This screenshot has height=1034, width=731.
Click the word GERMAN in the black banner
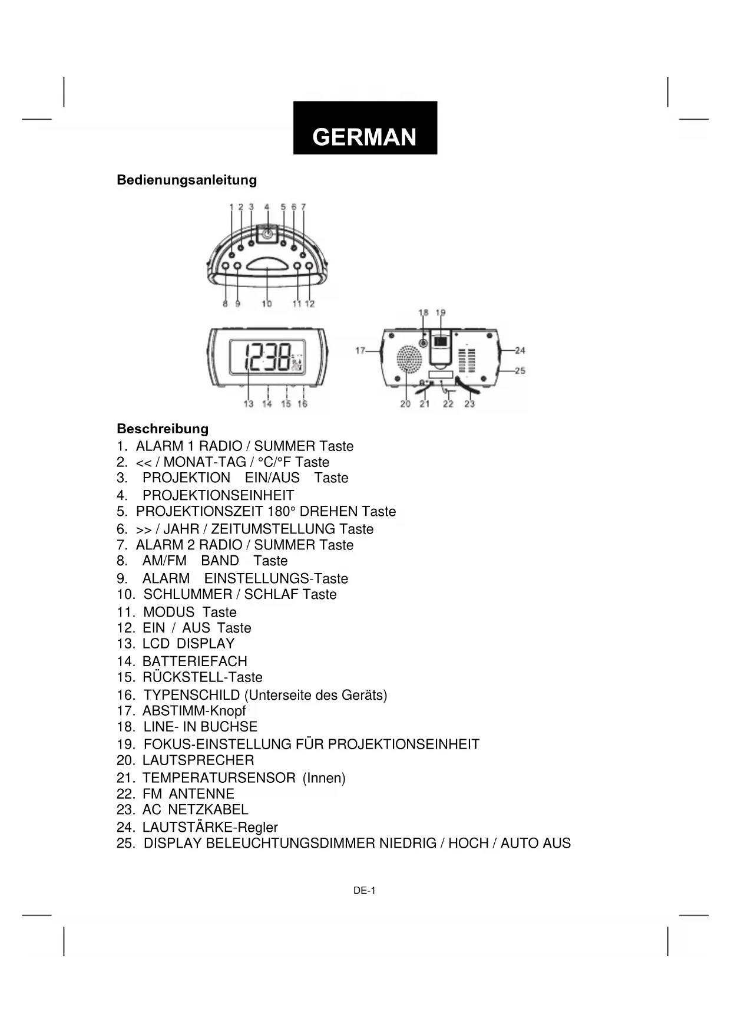364,137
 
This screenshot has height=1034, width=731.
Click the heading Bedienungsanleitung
187,180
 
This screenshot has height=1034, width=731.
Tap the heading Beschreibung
163,429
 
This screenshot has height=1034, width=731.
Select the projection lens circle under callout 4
267,234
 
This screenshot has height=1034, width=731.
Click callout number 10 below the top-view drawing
267,304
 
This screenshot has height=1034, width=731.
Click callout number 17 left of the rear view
360,351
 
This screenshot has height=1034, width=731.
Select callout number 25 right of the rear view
520,371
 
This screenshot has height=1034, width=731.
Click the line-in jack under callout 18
424,343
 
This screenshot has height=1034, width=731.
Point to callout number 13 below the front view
249,404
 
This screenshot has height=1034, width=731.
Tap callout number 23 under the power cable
469,404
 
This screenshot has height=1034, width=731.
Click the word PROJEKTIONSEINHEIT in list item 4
218,495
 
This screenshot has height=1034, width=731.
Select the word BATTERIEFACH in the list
194,661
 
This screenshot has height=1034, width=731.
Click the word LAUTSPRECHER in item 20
198,760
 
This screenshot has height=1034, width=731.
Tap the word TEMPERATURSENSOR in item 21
219,778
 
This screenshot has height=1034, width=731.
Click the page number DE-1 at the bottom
364,891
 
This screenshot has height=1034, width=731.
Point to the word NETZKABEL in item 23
208,809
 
